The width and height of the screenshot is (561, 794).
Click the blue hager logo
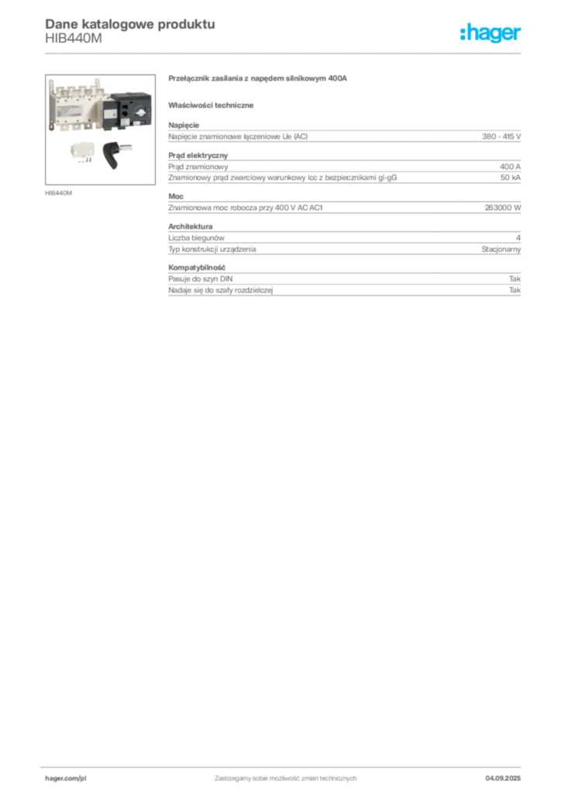click(491, 33)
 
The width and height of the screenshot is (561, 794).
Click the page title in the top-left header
click(129, 24)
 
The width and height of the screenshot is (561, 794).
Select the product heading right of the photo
click(261, 79)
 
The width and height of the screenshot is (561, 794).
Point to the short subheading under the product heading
click(213, 105)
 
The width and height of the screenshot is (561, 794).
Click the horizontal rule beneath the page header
click(284, 53)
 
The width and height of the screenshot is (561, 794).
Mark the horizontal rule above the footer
click(284, 765)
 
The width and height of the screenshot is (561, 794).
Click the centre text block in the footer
click(284, 775)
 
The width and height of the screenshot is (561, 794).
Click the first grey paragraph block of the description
click(344, 136)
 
